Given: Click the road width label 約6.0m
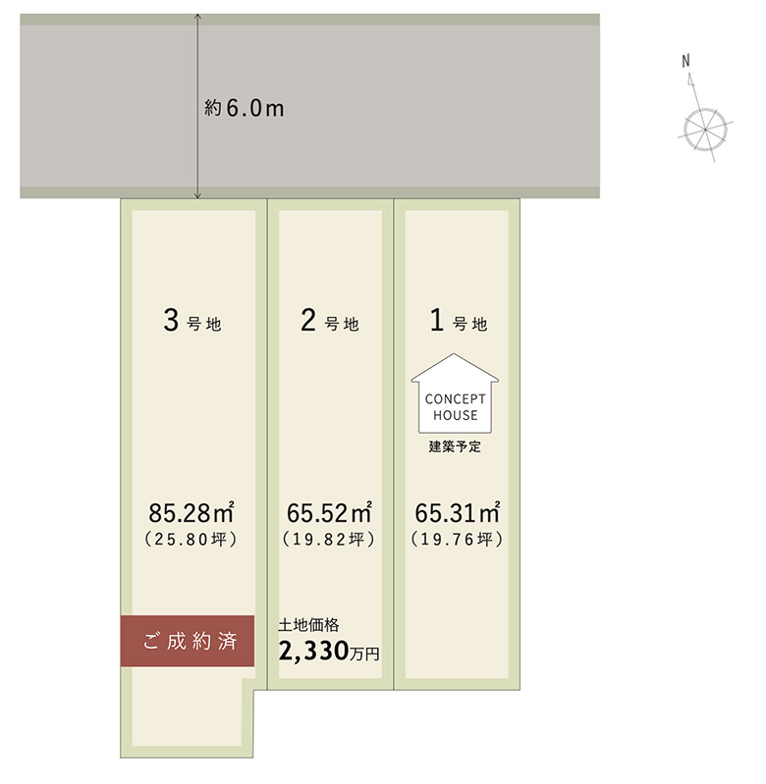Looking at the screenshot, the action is pos(245,108).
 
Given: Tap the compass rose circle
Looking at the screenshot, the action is pos(705,129).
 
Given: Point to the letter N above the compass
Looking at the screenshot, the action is pos(685,61).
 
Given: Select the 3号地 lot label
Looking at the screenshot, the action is pos(192,321).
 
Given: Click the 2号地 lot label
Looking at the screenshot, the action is pos(330,321).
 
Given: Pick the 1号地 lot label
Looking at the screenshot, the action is pos(459,321).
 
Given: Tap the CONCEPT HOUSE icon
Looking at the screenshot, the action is pos(455,393).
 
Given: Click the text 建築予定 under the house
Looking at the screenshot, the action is pos(455,446).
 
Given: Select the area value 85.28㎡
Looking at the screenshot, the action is pos(191,512).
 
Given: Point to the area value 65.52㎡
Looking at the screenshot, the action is pos(329,512).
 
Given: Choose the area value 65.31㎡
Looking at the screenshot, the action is pos(458,512).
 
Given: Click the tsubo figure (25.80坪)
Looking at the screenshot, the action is pos(191,539).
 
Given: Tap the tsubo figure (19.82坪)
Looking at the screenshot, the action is pos(329,539).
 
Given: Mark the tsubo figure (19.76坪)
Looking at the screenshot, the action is pos(457,539).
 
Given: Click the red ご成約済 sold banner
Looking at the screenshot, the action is pos(188,641).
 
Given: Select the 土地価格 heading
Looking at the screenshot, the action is pos(308,625).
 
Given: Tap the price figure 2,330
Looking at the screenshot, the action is pos(313,651).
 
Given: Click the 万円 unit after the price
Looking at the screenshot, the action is pos(364,654).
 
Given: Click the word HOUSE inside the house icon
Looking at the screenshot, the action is pos(456,415).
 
